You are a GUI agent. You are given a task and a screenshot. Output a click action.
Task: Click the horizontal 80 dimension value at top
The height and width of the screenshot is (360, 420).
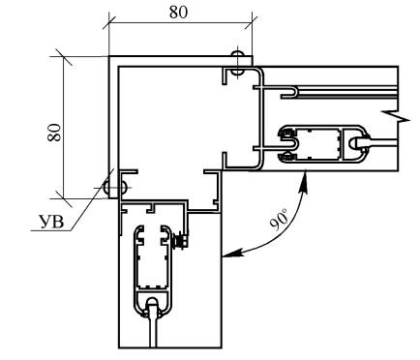178,12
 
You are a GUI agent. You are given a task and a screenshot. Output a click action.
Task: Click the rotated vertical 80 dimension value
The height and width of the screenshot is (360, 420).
54,133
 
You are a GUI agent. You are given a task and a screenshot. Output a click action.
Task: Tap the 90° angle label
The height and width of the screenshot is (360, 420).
280,220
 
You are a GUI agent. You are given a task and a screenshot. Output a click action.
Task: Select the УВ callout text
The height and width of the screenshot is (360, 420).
52,222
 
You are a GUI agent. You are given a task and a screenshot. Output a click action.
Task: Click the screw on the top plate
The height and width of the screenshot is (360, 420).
238,63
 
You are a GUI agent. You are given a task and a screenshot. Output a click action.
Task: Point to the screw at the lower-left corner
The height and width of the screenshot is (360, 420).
114,187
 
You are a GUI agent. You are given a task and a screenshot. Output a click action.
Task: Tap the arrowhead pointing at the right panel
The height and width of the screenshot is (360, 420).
304,182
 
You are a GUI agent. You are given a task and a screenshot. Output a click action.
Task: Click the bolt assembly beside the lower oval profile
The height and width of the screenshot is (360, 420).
180,241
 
